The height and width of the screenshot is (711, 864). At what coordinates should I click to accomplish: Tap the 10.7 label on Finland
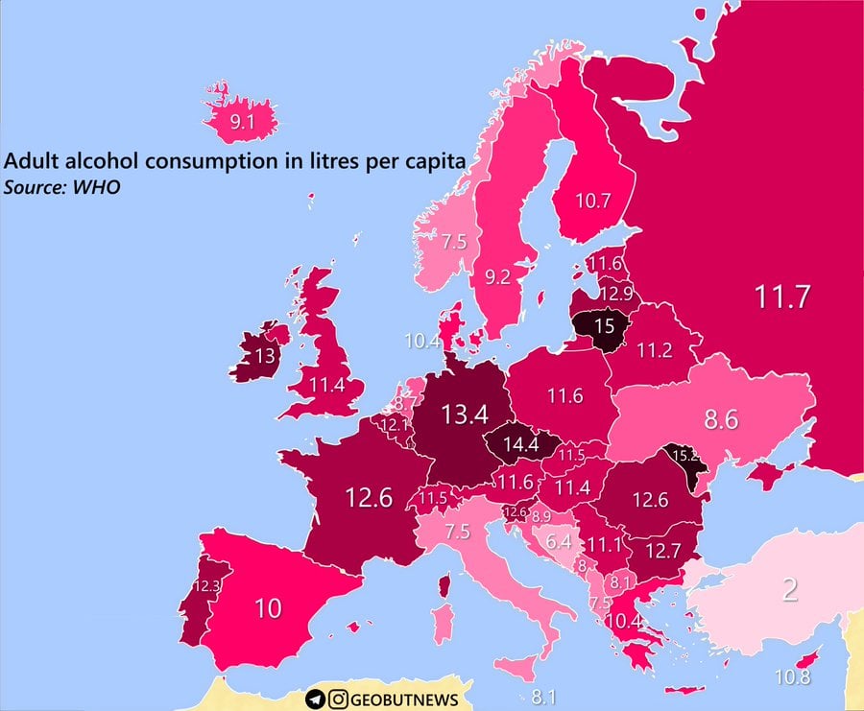click(592, 201)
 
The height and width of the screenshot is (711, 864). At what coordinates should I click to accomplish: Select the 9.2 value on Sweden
click(497, 277)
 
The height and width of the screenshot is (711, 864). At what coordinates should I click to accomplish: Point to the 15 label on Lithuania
click(604, 325)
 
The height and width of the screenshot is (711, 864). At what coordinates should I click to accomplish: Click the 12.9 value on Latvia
click(615, 293)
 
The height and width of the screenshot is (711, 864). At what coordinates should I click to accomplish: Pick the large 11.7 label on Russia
click(781, 296)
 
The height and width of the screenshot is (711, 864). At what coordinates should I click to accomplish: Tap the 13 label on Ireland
click(263, 356)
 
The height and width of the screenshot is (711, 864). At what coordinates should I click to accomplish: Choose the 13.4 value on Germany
click(465, 414)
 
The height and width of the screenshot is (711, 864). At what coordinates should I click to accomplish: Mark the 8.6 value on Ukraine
click(721, 418)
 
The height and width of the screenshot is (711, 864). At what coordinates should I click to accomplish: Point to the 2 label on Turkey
click(789, 589)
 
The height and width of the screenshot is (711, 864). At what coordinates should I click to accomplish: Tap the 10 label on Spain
click(269, 607)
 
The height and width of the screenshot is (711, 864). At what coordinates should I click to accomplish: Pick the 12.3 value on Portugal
click(207, 585)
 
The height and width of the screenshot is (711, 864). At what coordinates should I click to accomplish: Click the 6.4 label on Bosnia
click(558, 542)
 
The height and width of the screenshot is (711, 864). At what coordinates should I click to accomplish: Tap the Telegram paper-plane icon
click(315, 699)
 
